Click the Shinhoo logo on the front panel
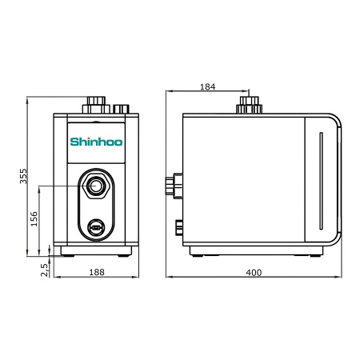96,144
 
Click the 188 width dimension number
96,273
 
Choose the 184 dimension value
207,86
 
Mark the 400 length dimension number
254,273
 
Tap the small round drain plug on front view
96,228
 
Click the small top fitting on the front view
122,108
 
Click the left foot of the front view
66,252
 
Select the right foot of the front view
126,252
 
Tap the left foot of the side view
198,253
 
